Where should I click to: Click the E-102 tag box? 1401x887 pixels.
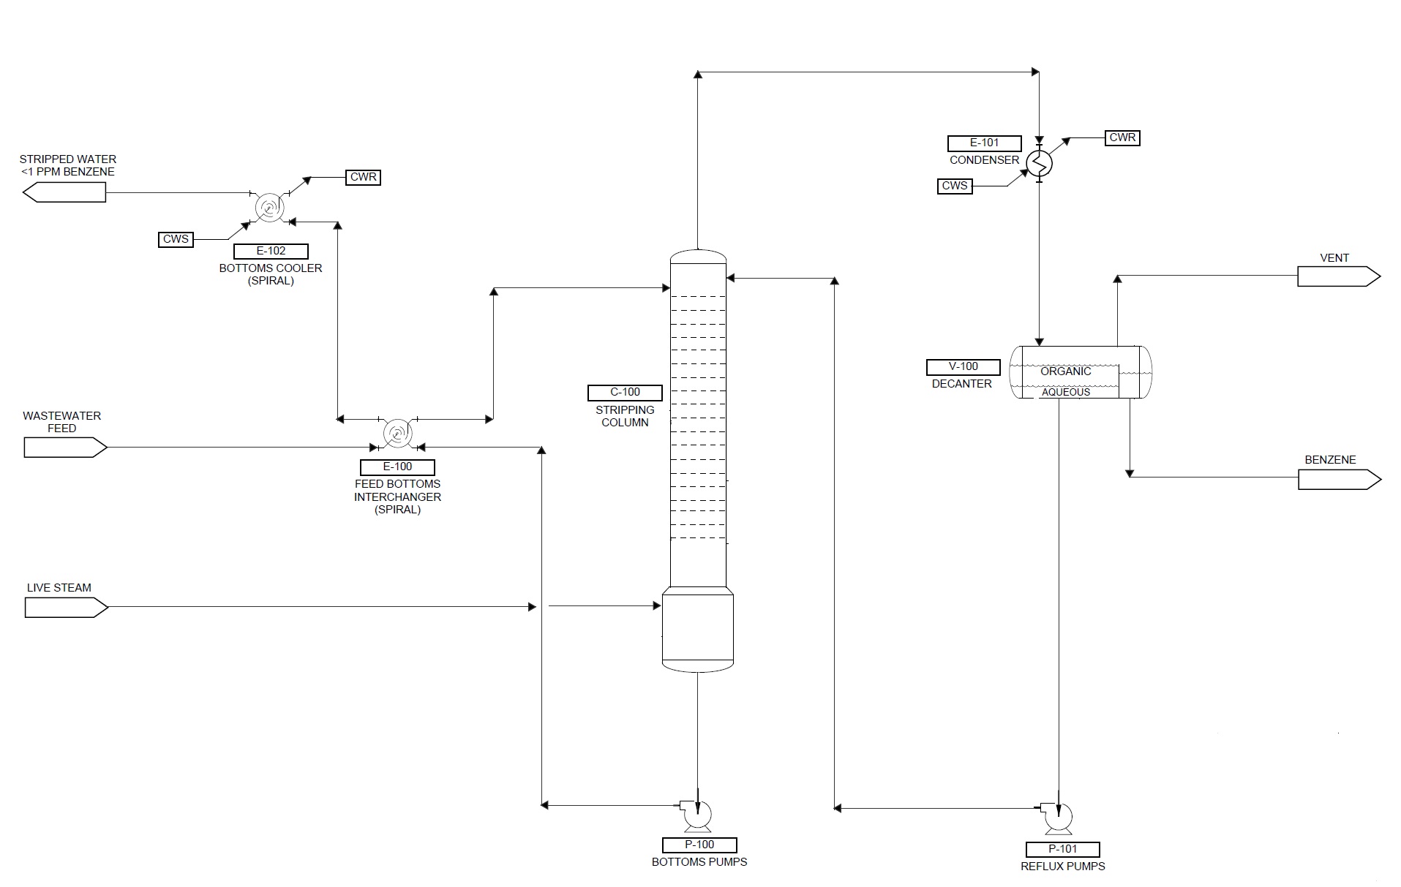pos(271,251)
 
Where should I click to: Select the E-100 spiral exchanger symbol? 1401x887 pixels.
pos(397,434)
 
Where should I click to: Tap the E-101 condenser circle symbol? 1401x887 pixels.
pos(1039,163)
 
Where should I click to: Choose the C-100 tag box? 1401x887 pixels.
pos(625,393)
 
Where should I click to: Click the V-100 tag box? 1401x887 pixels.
pos(963,366)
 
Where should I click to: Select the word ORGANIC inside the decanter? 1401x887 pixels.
pos(1065,371)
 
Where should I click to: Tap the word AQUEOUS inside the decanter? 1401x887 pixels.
pos(1065,392)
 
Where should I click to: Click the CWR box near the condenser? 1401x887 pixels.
pos(1122,137)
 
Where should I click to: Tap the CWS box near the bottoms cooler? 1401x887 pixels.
pos(176,239)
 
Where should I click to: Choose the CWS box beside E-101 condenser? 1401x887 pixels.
pos(954,186)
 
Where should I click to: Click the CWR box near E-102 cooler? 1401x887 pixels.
pos(363,177)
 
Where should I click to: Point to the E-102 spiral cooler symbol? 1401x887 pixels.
pos(268,208)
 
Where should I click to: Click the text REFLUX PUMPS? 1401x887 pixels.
pos(1062,867)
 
